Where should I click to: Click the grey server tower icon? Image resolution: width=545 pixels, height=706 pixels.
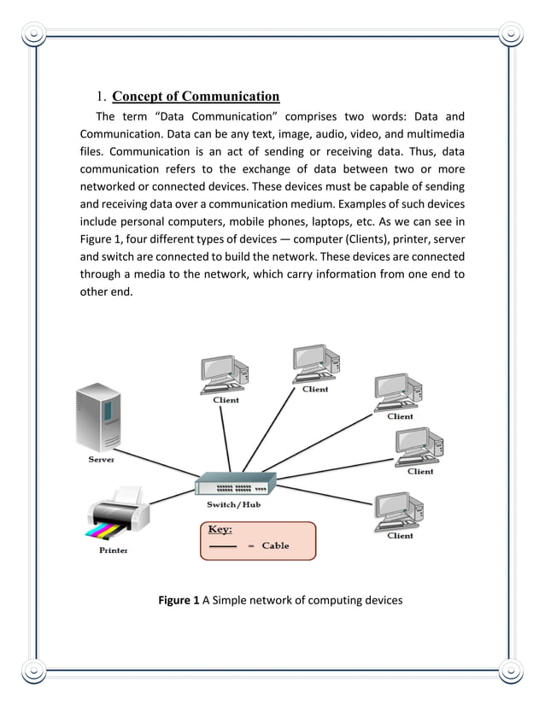coord(97,418)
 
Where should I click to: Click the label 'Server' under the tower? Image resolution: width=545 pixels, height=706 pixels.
coord(102,460)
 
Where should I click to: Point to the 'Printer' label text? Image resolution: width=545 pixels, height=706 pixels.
coord(113,550)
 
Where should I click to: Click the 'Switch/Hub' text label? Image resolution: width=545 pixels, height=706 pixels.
coord(233,505)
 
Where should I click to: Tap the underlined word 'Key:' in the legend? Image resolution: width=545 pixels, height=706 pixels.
coord(220,530)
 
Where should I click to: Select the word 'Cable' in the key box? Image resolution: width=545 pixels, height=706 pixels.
coord(275,546)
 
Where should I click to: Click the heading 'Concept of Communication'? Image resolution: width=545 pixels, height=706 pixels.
coord(196,96)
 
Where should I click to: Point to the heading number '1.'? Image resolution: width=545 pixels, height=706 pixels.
coord(100,96)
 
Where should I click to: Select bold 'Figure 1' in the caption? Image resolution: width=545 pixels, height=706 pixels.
coord(179,600)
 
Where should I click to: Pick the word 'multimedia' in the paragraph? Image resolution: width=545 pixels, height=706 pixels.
coord(435,133)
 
